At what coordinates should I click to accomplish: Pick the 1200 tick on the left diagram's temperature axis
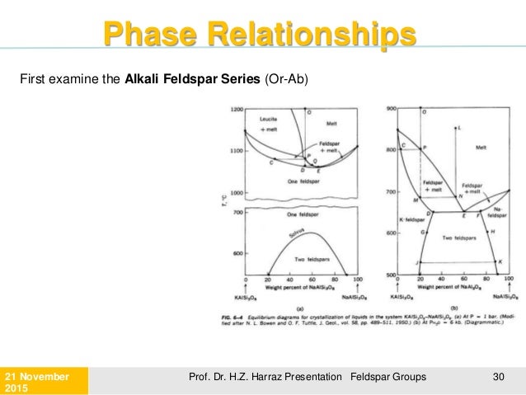237,110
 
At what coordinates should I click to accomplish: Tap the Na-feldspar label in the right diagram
500,213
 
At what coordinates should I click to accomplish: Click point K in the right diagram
500,262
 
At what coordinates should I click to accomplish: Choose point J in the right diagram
418,262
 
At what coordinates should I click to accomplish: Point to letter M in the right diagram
416,200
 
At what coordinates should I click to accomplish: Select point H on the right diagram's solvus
492,232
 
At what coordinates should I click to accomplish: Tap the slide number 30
497,375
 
